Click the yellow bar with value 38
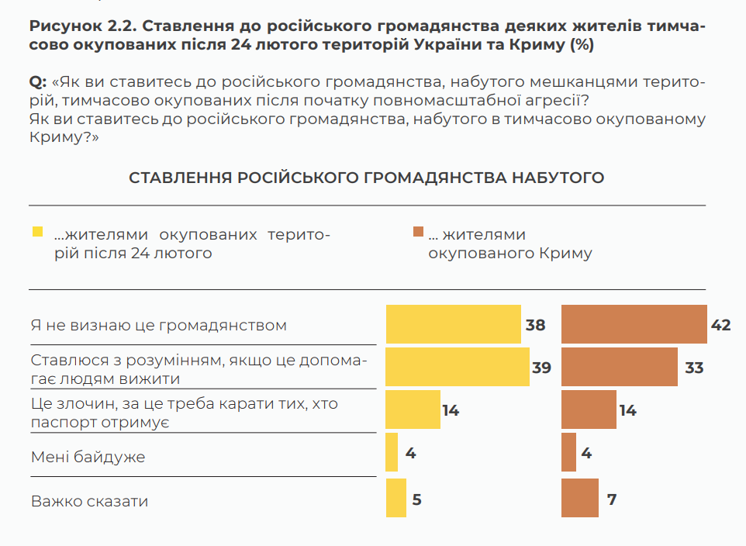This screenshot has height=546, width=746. [x=453, y=324]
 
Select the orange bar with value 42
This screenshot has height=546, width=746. [x=633, y=324]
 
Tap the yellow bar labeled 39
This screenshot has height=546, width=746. [x=458, y=367]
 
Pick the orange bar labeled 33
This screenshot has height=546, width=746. [x=619, y=367]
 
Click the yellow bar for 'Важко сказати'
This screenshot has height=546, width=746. [x=395, y=498]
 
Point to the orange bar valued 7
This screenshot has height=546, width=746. [x=579, y=498]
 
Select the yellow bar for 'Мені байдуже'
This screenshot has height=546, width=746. [x=392, y=452]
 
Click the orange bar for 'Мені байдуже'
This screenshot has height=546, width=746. [x=568, y=452]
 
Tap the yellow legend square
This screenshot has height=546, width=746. [x=36, y=232]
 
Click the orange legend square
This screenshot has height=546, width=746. [x=418, y=232]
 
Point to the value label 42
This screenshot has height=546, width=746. [x=720, y=325]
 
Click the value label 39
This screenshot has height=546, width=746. [x=541, y=368]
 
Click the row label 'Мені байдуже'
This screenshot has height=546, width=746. [x=88, y=457]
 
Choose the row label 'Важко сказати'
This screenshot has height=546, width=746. [x=89, y=501]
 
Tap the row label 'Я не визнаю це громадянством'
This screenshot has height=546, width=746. [x=159, y=325]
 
